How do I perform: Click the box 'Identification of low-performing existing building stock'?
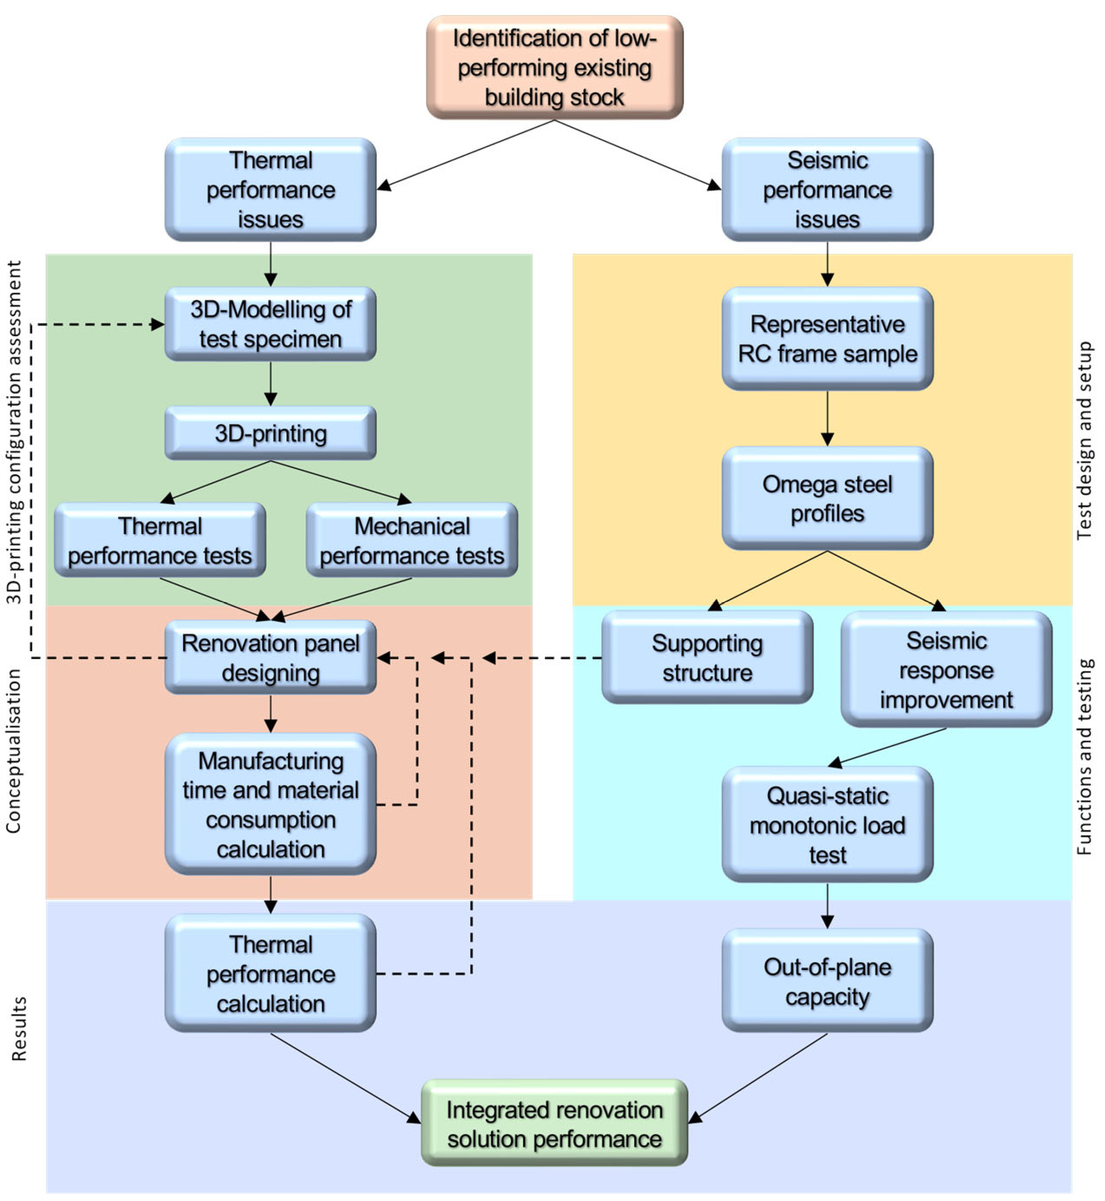(554, 68)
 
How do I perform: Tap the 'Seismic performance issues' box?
(827, 190)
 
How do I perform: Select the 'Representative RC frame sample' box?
(827, 339)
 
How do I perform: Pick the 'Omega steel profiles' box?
(827, 498)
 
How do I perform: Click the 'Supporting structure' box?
(707, 657)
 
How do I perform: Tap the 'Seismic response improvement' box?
(946, 669)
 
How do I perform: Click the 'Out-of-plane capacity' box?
(827, 981)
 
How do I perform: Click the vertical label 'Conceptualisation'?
(13, 751)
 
